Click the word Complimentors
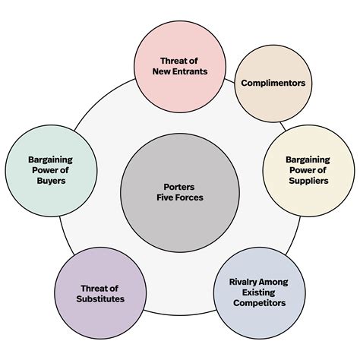[273, 83]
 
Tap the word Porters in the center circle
[179, 187]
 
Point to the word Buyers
[51, 181]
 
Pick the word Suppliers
[308, 181]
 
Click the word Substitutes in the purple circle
[100, 298]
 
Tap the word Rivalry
[240, 282]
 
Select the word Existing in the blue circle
[259, 292]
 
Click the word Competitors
[260, 303]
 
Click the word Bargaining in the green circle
[50, 159]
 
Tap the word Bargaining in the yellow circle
[308, 159]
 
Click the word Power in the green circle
[43, 170]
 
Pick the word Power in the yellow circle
[301, 170]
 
